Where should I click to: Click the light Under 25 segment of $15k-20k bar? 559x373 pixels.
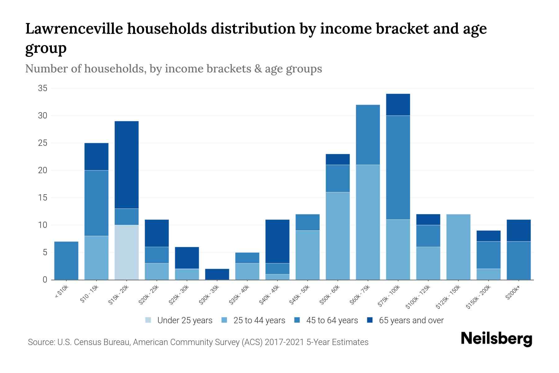[x=126, y=252]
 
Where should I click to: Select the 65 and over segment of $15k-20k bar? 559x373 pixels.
[x=126, y=165]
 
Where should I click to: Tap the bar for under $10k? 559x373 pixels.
[x=66, y=260]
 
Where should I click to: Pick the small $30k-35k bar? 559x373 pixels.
[x=217, y=274]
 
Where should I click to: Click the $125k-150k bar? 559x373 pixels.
[x=458, y=247]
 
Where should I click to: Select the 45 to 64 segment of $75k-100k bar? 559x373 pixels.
[x=398, y=168]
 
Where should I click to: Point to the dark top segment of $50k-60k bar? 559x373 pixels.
[x=338, y=159]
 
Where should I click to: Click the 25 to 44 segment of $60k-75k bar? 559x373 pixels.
[x=368, y=222]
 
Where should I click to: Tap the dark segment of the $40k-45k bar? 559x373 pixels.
[x=277, y=241]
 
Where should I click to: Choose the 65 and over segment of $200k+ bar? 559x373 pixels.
[x=519, y=230]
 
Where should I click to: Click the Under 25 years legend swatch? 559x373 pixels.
[x=148, y=320]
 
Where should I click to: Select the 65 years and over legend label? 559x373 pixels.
[x=411, y=320]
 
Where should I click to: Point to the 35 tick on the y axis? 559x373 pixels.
[x=43, y=88]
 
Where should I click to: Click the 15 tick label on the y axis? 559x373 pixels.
[x=43, y=198]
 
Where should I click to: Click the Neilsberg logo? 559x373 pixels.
[x=496, y=339]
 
